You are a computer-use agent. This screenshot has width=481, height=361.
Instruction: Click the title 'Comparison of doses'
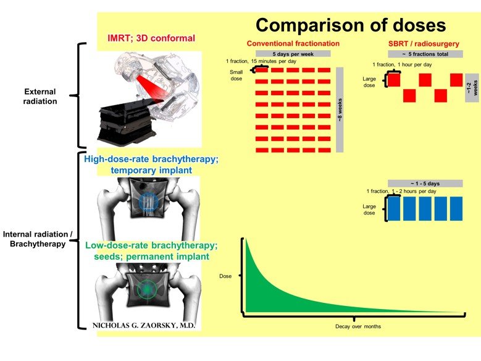(x=350, y=25)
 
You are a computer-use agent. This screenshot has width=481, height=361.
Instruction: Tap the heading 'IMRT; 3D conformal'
(x=151, y=38)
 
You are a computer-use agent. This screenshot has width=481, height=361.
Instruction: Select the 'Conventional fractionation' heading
(x=293, y=44)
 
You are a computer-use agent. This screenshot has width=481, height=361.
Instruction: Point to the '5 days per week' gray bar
(x=293, y=53)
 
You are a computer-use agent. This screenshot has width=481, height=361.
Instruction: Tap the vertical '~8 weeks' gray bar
(x=340, y=109)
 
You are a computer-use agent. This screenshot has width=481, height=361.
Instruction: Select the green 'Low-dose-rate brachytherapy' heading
(x=151, y=250)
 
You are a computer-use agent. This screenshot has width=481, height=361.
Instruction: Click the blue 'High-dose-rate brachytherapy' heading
(x=151, y=164)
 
